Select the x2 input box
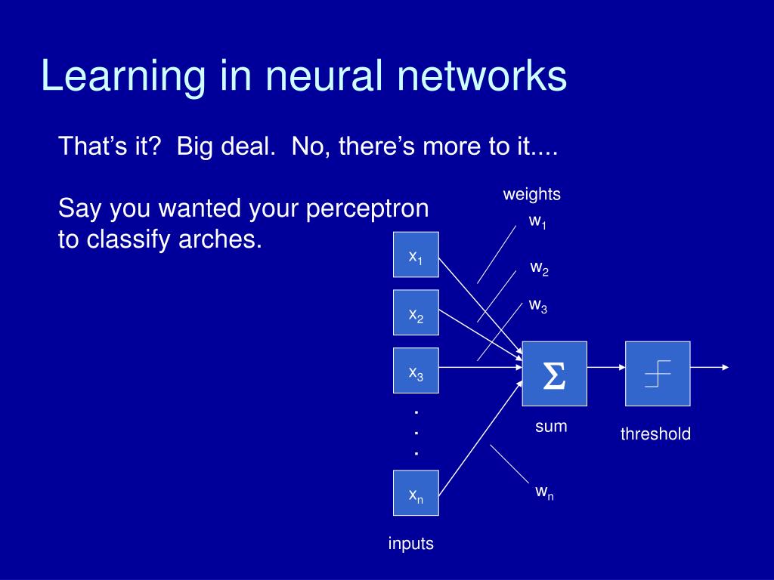416,313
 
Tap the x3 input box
416,371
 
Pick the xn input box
416,493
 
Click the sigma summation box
554,374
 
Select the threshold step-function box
658,374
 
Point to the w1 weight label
537,222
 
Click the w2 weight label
539,268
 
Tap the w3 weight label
537,306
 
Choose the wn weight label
544,492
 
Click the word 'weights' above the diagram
532,194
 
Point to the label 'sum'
551,427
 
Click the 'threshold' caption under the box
655,434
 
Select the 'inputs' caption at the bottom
411,543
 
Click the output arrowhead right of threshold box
725,368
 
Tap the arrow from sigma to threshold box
605,368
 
